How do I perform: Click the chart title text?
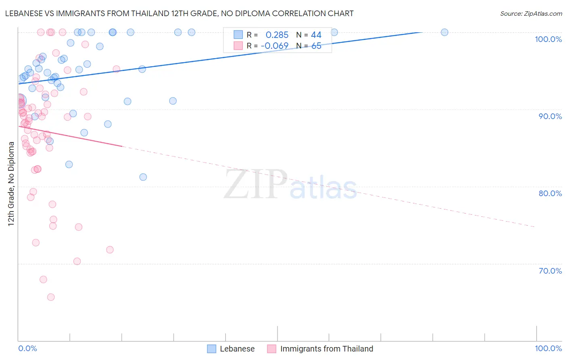pyautogui.click(x=179, y=13)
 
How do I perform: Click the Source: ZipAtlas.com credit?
pyautogui.click(x=531, y=13)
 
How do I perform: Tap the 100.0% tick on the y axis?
pyautogui.click(x=548, y=39)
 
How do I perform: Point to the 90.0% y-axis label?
pyautogui.click(x=550, y=116)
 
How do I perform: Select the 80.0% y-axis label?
pyautogui.click(x=550, y=193)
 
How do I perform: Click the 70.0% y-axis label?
pyautogui.click(x=550, y=271)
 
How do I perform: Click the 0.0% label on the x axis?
pyautogui.click(x=27, y=348)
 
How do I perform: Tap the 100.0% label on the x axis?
pyautogui.click(x=548, y=348)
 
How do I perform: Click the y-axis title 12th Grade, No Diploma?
pyautogui.click(x=11, y=184)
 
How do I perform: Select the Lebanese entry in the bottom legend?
pyautogui.click(x=237, y=349)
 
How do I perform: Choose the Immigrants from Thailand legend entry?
pyautogui.click(x=327, y=349)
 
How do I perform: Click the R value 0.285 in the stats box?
pyautogui.click(x=277, y=35)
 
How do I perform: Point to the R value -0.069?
pyautogui.click(x=275, y=46)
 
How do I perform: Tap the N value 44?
pyautogui.click(x=316, y=35)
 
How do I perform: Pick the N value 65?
pyautogui.click(x=316, y=46)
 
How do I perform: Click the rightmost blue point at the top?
pyautogui.click(x=444, y=32)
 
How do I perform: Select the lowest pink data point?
pyautogui.click(x=51, y=297)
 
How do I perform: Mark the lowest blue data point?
pyautogui.click(x=143, y=177)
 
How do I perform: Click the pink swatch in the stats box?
pyautogui.click(x=238, y=46)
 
